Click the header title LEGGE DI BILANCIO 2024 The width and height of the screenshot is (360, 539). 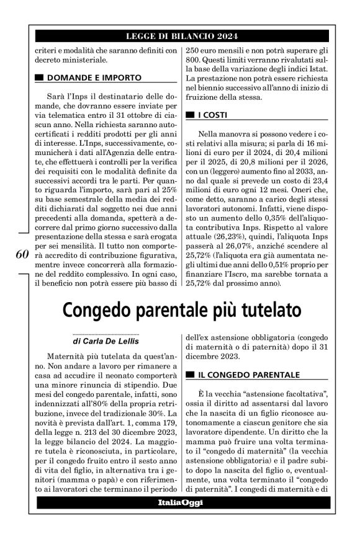point(180,36)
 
